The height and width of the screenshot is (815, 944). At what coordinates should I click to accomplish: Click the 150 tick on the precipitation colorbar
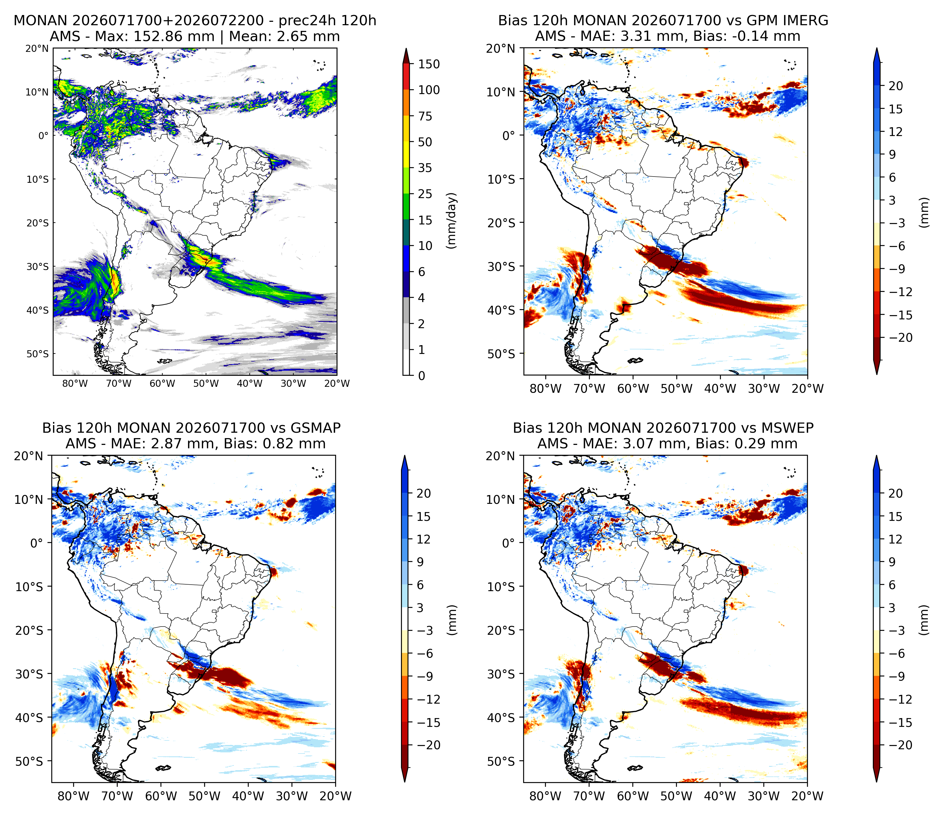429,64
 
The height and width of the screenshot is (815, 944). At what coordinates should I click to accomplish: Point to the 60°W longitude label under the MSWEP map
633,796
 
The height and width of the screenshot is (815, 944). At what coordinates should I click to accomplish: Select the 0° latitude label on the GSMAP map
37,543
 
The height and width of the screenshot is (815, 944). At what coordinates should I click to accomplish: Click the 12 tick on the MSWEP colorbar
895,540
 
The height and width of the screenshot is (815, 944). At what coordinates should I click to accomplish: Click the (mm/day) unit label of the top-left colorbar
451,220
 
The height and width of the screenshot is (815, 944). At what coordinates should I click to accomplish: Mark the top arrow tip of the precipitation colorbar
406,48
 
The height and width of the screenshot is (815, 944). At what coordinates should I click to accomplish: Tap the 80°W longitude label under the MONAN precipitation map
75,383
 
